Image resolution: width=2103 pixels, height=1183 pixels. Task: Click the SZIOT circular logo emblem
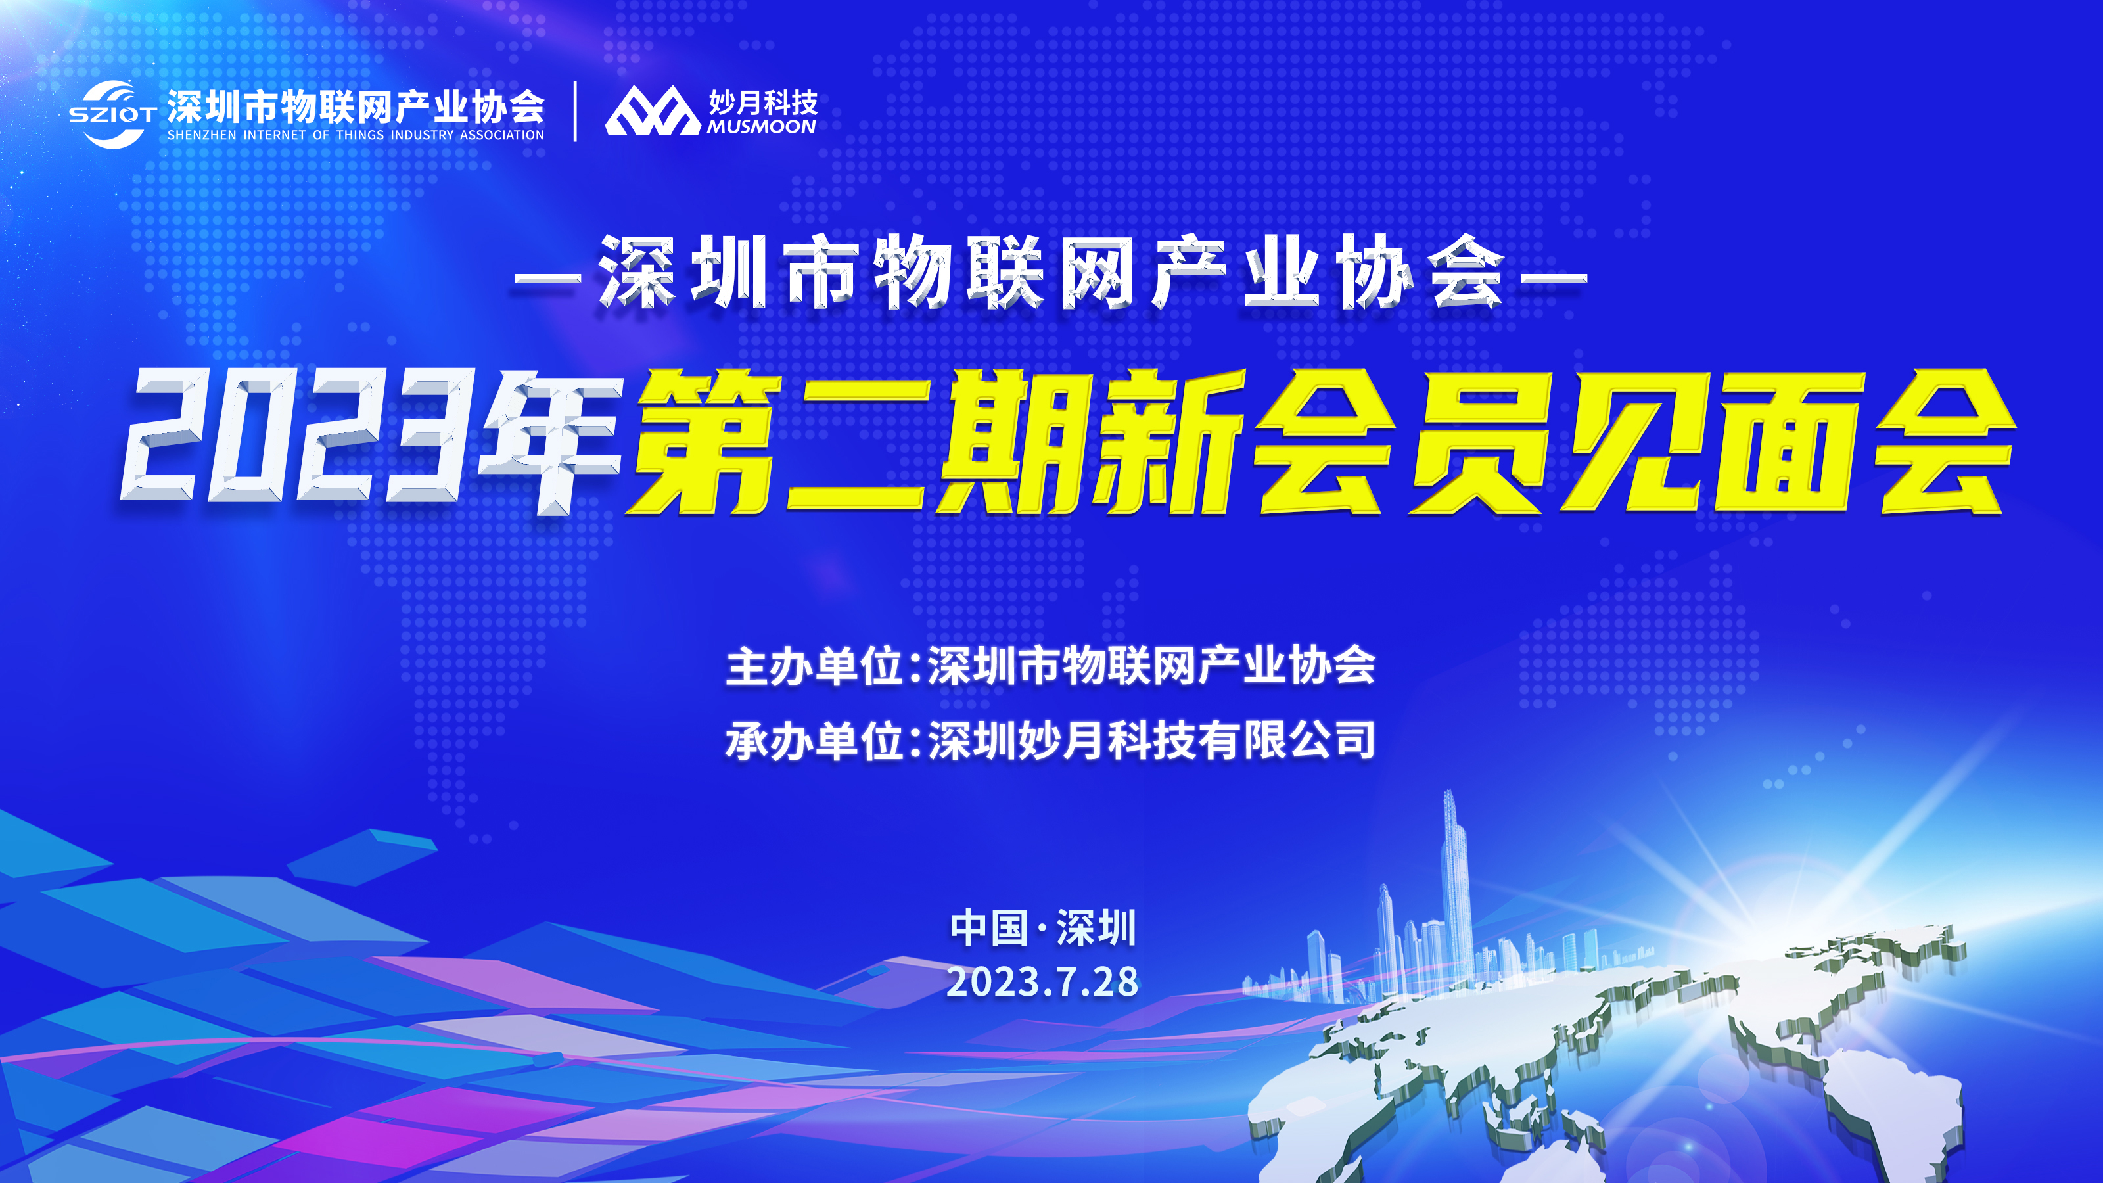point(112,114)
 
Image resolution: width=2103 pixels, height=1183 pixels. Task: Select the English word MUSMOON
point(762,127)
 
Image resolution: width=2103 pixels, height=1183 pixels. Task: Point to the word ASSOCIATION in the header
point(501,135)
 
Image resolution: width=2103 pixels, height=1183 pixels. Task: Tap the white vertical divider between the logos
point(576,111)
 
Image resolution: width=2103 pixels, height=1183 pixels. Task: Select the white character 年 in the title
point(552,441)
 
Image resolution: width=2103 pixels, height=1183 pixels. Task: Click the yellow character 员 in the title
point(1483,442)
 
